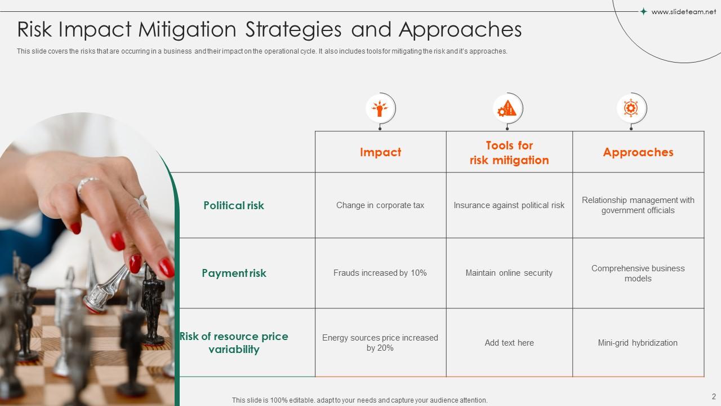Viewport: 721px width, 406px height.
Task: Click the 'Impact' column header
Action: (380, 152)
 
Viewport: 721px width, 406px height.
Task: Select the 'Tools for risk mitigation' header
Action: (509, 153)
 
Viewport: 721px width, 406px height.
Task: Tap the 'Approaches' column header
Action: (638, 152)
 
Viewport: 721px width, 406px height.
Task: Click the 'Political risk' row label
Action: (234, 205)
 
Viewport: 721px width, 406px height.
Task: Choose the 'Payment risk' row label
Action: (234, 273)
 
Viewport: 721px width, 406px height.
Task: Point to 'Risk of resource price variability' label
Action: (234, 343)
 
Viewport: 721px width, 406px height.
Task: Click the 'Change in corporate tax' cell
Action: (380, 205)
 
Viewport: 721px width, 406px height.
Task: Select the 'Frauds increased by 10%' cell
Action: (380, 273)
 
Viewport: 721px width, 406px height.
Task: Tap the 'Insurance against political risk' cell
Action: (509, 205)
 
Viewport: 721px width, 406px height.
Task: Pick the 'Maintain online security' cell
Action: (509, 273)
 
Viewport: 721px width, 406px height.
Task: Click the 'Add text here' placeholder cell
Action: (509, 343)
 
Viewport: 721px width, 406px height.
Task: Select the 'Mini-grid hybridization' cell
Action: (638, 343)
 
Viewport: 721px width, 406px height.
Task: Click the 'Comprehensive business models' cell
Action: (638, 273)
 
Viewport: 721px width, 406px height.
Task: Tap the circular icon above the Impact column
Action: (380, 108)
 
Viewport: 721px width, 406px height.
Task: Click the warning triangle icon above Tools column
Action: (508, 108)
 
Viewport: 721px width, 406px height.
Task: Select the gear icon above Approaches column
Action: (631, 108)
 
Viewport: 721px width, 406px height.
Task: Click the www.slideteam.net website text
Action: (683, 12)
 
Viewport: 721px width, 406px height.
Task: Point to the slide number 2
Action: (714, 396)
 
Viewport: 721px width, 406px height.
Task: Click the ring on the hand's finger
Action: (88, 183)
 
